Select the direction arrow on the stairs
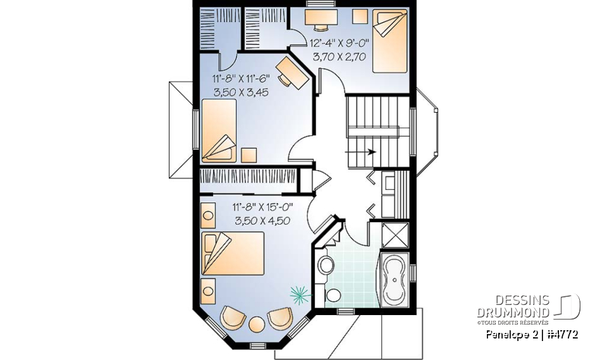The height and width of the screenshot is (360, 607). tap(367, 152)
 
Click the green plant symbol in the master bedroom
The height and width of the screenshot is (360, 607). tap(300, 292)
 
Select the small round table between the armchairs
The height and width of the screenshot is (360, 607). tap(256, 324)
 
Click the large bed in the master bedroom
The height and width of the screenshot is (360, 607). tap(233, 253)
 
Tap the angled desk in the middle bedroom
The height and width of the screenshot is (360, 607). tap(292, 71)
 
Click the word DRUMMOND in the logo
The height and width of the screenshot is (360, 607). tap(513, 313)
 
